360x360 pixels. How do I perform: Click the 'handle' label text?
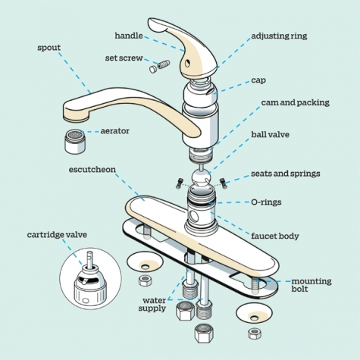click(129, 36)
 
